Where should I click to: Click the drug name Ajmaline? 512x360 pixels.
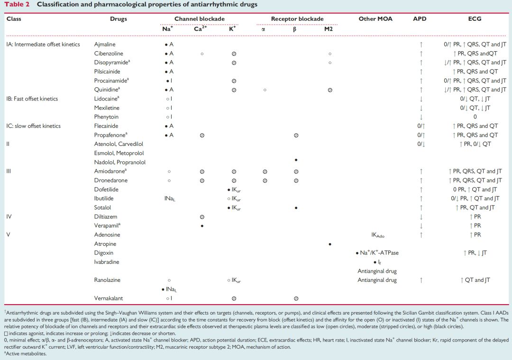104,45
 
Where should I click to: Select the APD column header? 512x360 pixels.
420,18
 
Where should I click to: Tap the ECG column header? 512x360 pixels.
475,18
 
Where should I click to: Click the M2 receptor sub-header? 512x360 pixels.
329,29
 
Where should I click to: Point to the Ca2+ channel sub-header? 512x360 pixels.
200,28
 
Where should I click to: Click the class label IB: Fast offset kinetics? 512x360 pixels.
32,99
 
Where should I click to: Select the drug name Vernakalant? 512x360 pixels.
109,298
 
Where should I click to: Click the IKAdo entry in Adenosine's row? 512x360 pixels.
378,235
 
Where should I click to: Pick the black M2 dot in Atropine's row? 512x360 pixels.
330,244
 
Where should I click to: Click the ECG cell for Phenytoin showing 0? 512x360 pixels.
475,117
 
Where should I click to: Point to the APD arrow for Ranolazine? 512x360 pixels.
421,280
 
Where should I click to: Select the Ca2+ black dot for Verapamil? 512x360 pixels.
202,226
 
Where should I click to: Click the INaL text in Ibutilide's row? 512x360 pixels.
170,198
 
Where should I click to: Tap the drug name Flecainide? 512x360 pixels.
106,126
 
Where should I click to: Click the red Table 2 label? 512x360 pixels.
17,5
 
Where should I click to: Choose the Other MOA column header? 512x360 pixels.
375,18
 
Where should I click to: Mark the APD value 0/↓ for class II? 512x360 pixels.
421,144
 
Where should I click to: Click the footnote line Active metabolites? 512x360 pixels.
25,353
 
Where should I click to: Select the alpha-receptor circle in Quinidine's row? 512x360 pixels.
265,90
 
